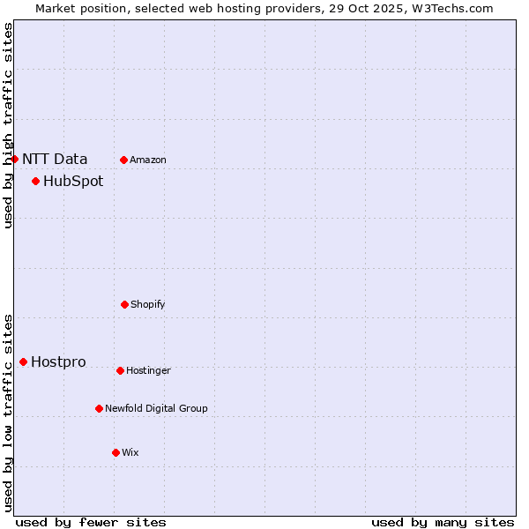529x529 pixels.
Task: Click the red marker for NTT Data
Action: pyautogui.click(x=14, y=160)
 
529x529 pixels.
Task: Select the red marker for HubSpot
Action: pyautogui.click(x=35, y=182)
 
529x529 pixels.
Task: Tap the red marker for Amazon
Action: pyautogui.click(x=123, y=160)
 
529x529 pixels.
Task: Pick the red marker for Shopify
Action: pyautogui.click(x=124, y=305)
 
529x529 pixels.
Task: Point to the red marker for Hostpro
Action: pyautogui.click(x=23, y=362)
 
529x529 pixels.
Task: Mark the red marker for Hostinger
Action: pyautogui.click(x=120, y=371)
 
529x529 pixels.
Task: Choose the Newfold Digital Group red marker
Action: pyautogui.click(x=99, y=409)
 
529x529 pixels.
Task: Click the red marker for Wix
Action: pyautogui.click(x=115, y=453)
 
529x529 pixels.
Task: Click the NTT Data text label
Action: pyautogui.click(x=55, y=160)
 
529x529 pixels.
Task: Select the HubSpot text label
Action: pyautogui.click(x=73, y=182)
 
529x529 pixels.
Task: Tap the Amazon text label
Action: pyautogui.click(x=148, y=160)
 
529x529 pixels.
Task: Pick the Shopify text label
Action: pyautogui.click(x=148, y=305)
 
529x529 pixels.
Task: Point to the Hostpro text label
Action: pyautogui.click(x=58, y=362)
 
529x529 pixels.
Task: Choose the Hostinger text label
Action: pyautogui.click(x=148, y=371)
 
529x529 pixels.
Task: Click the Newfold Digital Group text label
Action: pyautogui.click(x=156, y=409)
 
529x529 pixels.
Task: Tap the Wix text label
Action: pyautogui.click(x=130, y=453)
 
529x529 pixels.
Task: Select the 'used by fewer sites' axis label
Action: pyautogui.click(x=91, y=522)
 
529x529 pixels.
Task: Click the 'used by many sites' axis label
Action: pyautogui.click(x=443, y=522)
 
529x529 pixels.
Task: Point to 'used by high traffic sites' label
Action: pyautogui.click(x=9, y=125)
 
